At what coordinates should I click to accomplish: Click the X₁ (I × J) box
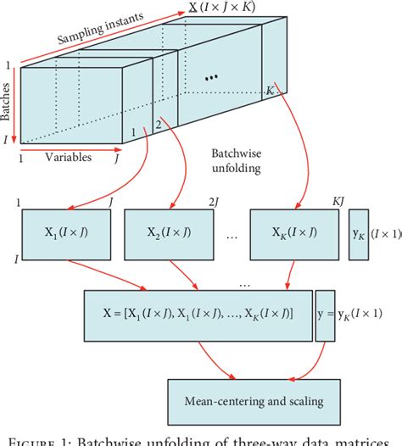tap(64, 234)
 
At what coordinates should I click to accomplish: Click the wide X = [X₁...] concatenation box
tap(197, 314)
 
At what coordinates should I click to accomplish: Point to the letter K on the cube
tap(269, 112)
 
